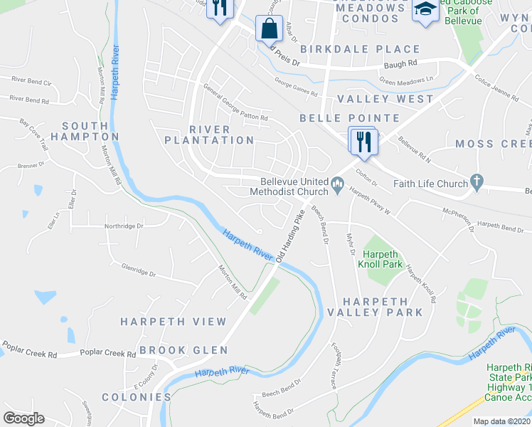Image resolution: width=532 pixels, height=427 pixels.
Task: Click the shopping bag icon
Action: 270,29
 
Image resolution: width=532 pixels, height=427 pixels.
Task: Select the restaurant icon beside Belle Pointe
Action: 362,139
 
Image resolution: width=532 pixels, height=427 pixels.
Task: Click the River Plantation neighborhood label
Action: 209,135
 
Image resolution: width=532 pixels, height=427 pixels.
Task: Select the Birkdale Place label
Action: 360,49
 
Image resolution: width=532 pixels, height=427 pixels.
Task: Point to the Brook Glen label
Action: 183,350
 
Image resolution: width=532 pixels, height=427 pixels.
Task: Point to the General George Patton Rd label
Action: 235,102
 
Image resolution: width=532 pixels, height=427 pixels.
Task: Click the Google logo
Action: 24,418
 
